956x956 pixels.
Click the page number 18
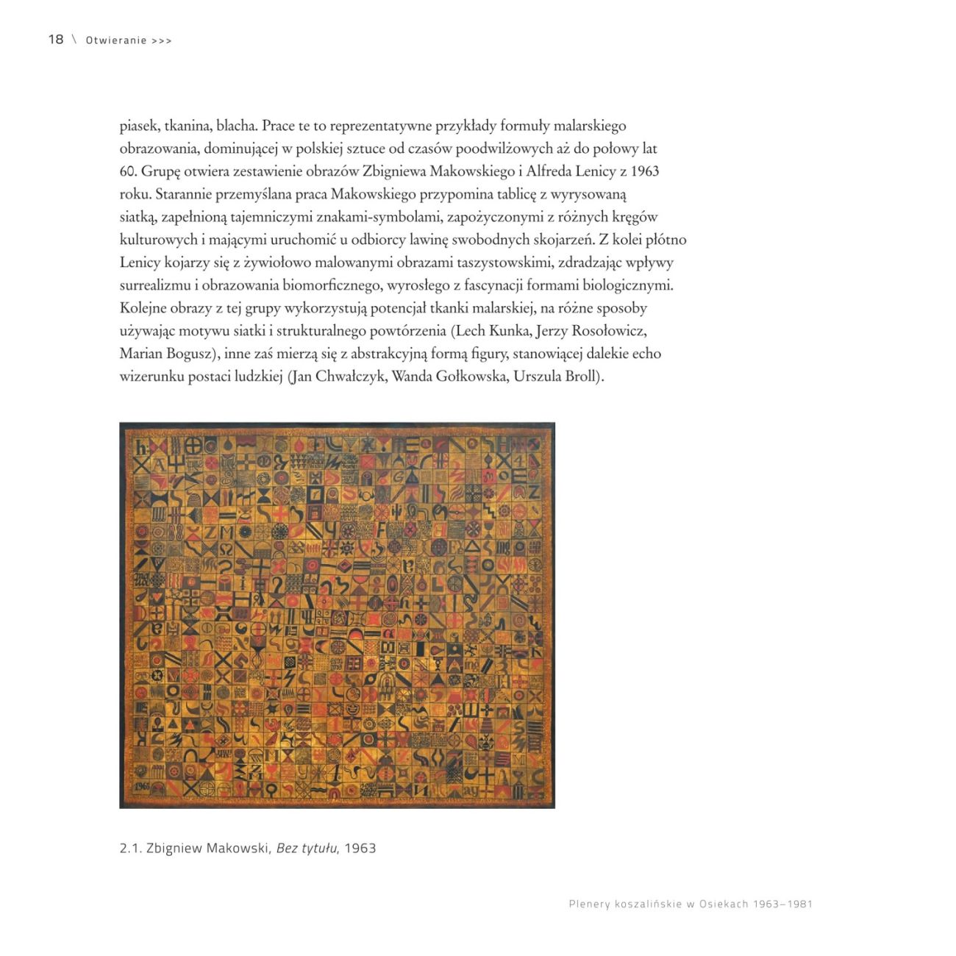tap(56, 40)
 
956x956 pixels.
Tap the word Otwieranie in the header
tap(116, 40)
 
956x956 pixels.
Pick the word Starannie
tap(184, 194)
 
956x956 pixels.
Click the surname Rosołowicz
tap(607, 331)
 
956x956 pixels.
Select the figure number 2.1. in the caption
tap(130, 848)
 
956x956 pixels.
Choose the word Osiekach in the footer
tap(724, 904)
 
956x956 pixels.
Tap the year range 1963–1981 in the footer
tap(782, 904)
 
